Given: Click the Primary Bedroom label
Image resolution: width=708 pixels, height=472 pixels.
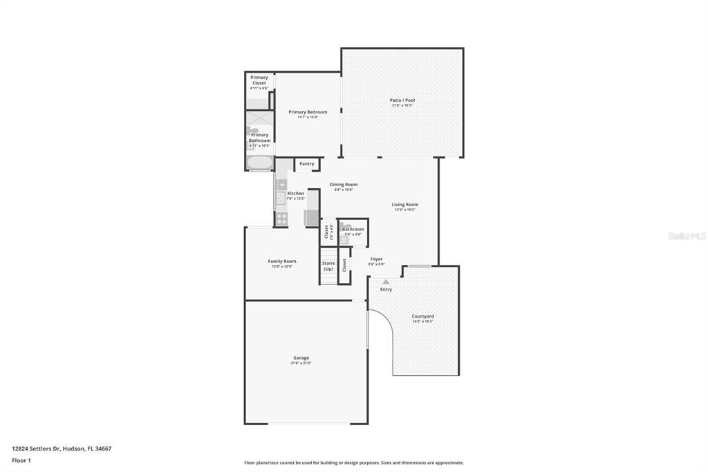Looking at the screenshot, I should [308, 111].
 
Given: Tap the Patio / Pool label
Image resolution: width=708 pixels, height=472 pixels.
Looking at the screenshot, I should [402, 100].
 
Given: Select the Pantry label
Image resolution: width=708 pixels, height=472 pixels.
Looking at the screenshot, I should [306, 164].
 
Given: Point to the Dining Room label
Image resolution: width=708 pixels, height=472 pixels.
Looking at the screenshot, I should [343, 184].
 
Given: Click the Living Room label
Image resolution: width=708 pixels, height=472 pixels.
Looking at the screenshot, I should [404, 204].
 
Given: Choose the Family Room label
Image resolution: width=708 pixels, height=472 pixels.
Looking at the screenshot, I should [281, 261].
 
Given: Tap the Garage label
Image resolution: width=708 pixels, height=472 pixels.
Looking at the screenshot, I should [301, 358].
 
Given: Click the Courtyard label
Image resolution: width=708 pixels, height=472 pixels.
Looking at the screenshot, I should [422, 316].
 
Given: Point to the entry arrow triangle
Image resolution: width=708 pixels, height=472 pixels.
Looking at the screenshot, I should [386, 282].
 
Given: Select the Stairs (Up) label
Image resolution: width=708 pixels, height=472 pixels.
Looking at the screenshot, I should [328, 266].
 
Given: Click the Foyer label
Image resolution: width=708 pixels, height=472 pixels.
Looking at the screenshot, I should [376, 259].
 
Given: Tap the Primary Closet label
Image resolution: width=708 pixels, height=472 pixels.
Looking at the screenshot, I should [259, 80].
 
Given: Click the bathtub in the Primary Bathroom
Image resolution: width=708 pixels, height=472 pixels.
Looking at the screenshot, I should [260, 164].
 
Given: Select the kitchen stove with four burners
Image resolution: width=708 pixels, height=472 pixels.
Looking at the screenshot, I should [281, 219].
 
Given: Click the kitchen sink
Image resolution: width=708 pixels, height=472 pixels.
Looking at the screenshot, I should [281, 199].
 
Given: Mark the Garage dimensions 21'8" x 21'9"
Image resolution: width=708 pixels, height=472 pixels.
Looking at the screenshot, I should [301, 363].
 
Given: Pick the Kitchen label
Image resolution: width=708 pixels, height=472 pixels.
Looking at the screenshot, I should [295, 193].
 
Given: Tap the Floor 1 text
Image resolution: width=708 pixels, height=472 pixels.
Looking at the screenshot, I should [21, 460].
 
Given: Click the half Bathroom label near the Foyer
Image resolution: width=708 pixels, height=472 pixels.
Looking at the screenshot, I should [353, 229].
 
